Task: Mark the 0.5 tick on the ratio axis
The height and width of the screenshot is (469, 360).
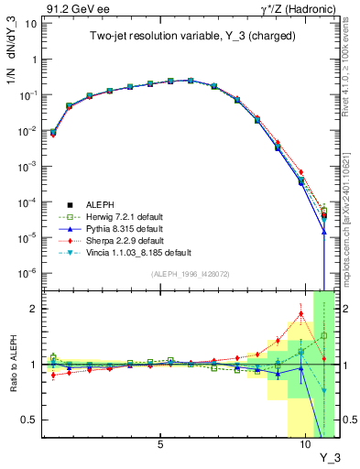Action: point(29,420)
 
